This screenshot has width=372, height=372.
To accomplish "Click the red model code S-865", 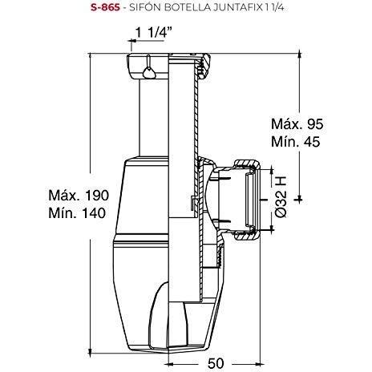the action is (105, 7).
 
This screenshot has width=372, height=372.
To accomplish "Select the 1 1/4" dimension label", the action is (153, 33).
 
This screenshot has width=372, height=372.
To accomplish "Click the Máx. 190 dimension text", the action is (79, 196).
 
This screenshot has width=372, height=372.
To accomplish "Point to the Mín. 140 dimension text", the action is (77, 213).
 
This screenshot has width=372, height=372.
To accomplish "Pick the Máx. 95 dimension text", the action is (297, 123).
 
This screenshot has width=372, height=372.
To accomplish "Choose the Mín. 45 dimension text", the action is (296, 141).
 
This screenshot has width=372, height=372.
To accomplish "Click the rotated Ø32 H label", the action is (281, 197).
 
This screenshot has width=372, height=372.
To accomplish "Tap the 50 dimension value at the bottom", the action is (216, 363).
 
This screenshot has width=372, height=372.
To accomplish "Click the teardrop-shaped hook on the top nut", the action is (149, 71).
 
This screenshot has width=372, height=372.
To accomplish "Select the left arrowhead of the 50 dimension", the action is (169, 364).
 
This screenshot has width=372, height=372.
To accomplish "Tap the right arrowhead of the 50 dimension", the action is (257, 364).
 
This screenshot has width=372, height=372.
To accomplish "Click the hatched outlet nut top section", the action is (246, 164).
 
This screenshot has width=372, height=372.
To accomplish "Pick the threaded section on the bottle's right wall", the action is (220, 256).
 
